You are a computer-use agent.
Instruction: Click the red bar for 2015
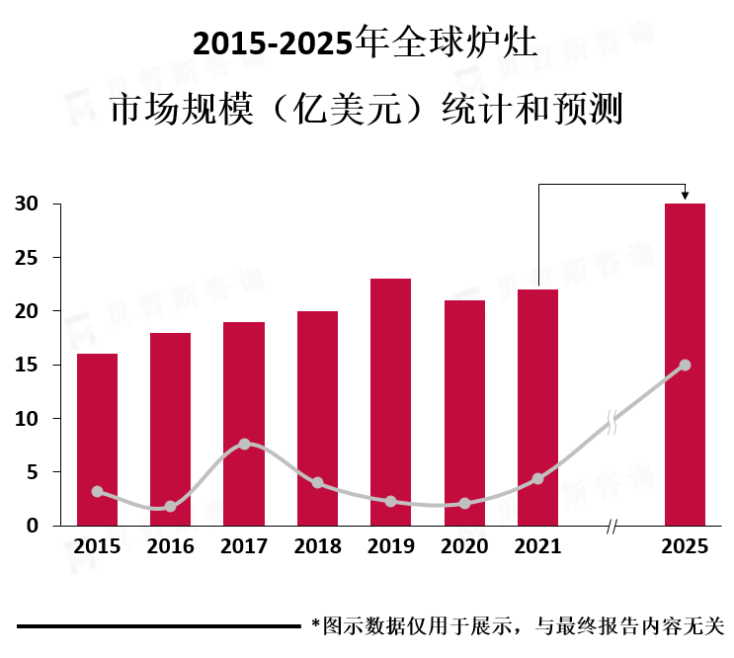click(x=98, y=440)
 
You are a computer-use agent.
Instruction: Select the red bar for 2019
click(x=390, y=402)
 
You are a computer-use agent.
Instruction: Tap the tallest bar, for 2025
click(x=685, y=365)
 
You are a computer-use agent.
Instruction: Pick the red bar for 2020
click(x=464, y=413)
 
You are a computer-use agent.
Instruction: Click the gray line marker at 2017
click(x=244, y=444)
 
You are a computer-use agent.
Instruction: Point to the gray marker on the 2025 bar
click(x=685, y=365)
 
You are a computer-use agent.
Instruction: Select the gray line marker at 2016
click(x=170, y=507)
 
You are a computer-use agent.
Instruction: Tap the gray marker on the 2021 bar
click(x=537, y=478)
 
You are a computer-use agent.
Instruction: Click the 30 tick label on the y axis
click(x=27, y=205)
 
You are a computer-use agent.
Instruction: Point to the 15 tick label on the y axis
click(x=27, y=365)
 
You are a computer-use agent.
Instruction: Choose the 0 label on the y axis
click(x=33, y=526)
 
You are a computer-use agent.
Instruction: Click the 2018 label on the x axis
click(x=317, y=546)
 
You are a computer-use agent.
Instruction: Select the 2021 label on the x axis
click(x=537, y=546)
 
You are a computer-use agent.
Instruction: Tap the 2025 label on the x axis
click(x=685, y=546)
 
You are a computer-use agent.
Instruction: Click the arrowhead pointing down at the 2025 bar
click(x=685, y=196)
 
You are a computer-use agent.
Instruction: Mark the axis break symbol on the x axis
click(x=611, y=527)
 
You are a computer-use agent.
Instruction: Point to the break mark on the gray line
click(x=612, y=422)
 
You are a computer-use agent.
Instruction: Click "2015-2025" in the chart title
click(x=273, y=43)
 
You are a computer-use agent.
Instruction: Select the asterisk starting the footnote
click(x=316, y=622)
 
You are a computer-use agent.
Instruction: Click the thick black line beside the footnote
click(x=159, y=625)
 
